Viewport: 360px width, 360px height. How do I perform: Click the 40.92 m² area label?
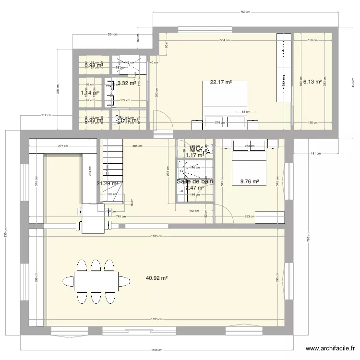(156, 278)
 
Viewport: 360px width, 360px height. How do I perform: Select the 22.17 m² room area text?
(221, 82)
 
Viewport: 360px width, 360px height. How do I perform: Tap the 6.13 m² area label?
(312, 82)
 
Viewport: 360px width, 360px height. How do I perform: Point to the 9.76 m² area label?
(249, 182)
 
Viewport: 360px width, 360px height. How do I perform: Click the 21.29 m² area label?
(107, 183)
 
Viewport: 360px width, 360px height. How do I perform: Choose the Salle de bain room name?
(195, 181)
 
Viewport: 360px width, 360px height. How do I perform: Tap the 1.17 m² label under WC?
(195, 155)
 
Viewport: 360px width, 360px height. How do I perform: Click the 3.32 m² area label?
(127, 83)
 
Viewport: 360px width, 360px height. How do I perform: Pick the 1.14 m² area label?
(90, 93)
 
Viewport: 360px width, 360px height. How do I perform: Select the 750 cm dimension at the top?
(245, 12)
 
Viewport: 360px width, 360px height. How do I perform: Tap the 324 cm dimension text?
(112, 35)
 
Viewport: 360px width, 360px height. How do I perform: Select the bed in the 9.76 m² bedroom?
(249, 154)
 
